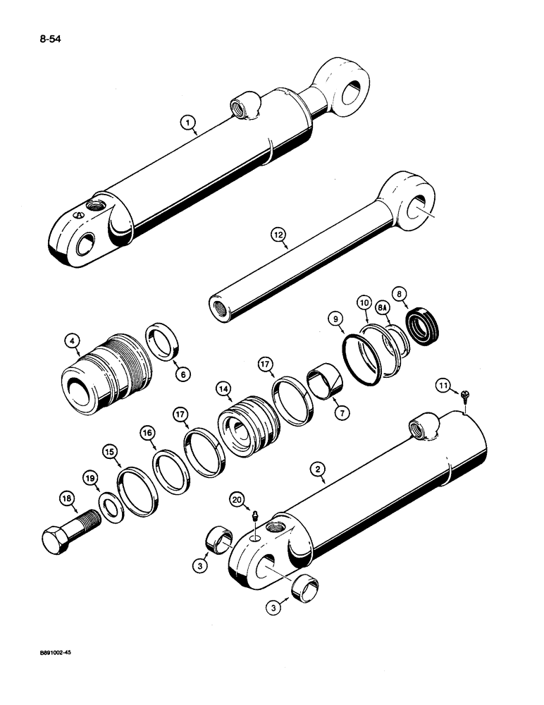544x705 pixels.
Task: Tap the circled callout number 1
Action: tap(187, 124)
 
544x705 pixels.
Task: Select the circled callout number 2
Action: tap(319, 467)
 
